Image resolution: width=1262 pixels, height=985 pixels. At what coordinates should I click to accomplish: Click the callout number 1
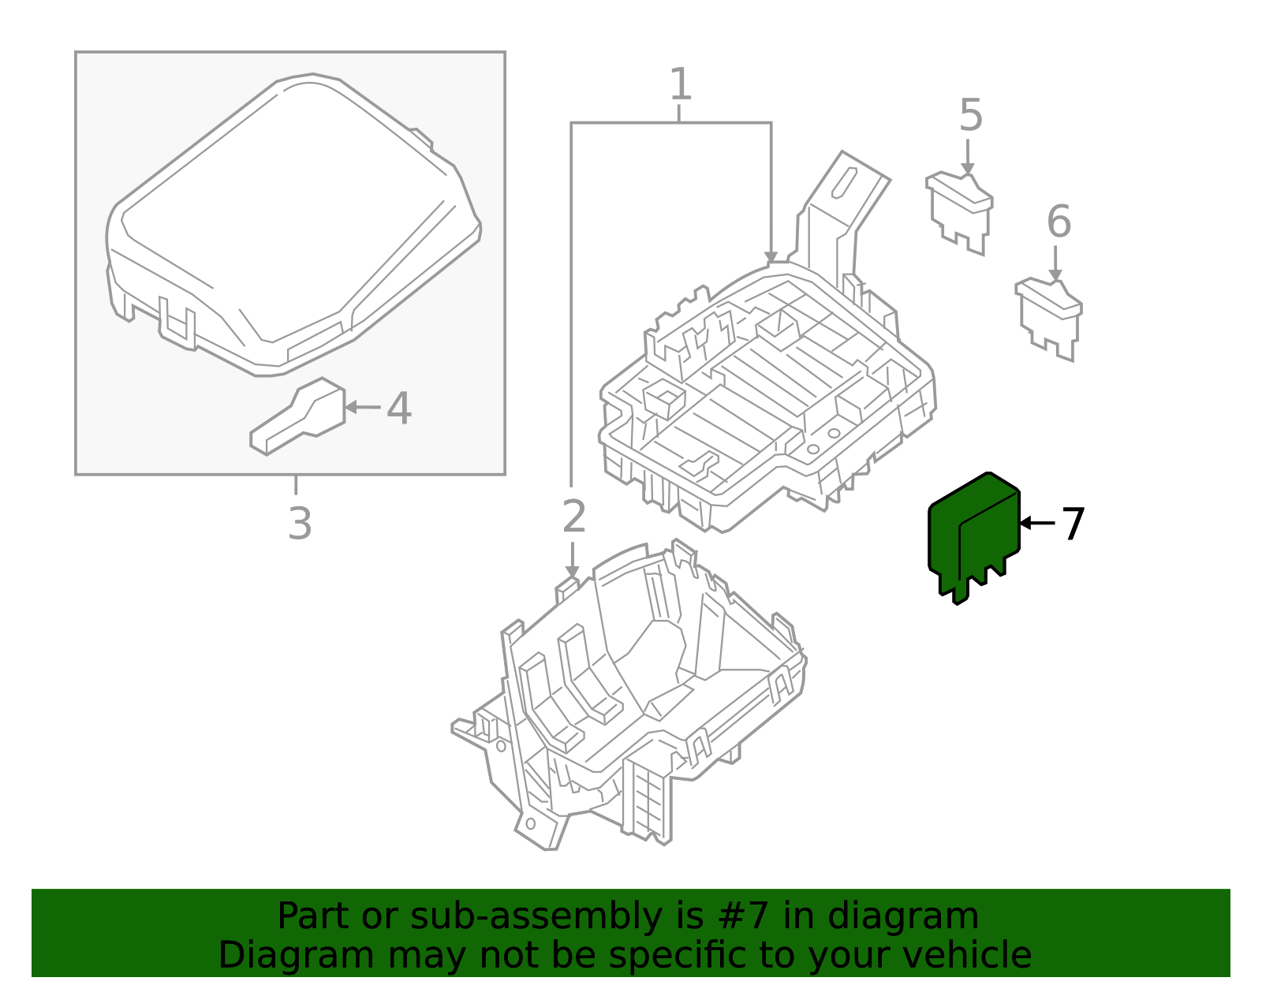tap(680, 84)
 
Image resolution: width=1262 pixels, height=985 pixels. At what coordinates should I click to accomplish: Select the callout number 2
tap(574, 517)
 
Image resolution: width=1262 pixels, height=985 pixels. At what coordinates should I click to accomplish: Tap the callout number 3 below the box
tap(300, 524)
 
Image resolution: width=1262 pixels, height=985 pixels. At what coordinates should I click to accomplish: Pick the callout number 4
tap(399, 409)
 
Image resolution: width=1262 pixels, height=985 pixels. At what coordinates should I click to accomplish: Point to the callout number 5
tap(971, 116)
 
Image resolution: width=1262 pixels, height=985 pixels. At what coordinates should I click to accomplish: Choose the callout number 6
tap(1059, 222)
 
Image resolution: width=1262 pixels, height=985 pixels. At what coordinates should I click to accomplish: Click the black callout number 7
tap(1073, 524)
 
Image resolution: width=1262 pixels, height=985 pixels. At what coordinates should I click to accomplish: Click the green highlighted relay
tap(973, 536)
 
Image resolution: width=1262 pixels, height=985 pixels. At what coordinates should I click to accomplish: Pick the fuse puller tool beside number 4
tap(298, 418)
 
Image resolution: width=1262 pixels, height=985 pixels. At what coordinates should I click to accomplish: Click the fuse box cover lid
tap(292, 221)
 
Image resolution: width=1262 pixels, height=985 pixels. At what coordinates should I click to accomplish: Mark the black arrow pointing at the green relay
tap(1036, 522)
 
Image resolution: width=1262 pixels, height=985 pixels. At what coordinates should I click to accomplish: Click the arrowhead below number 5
tap(968, 168)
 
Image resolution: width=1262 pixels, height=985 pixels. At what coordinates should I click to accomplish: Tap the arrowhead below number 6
tap(1055, 274)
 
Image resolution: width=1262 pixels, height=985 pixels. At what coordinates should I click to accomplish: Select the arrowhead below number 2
tap(572, 572)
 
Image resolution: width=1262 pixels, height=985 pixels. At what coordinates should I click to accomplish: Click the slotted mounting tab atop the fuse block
tap(844, 184)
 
